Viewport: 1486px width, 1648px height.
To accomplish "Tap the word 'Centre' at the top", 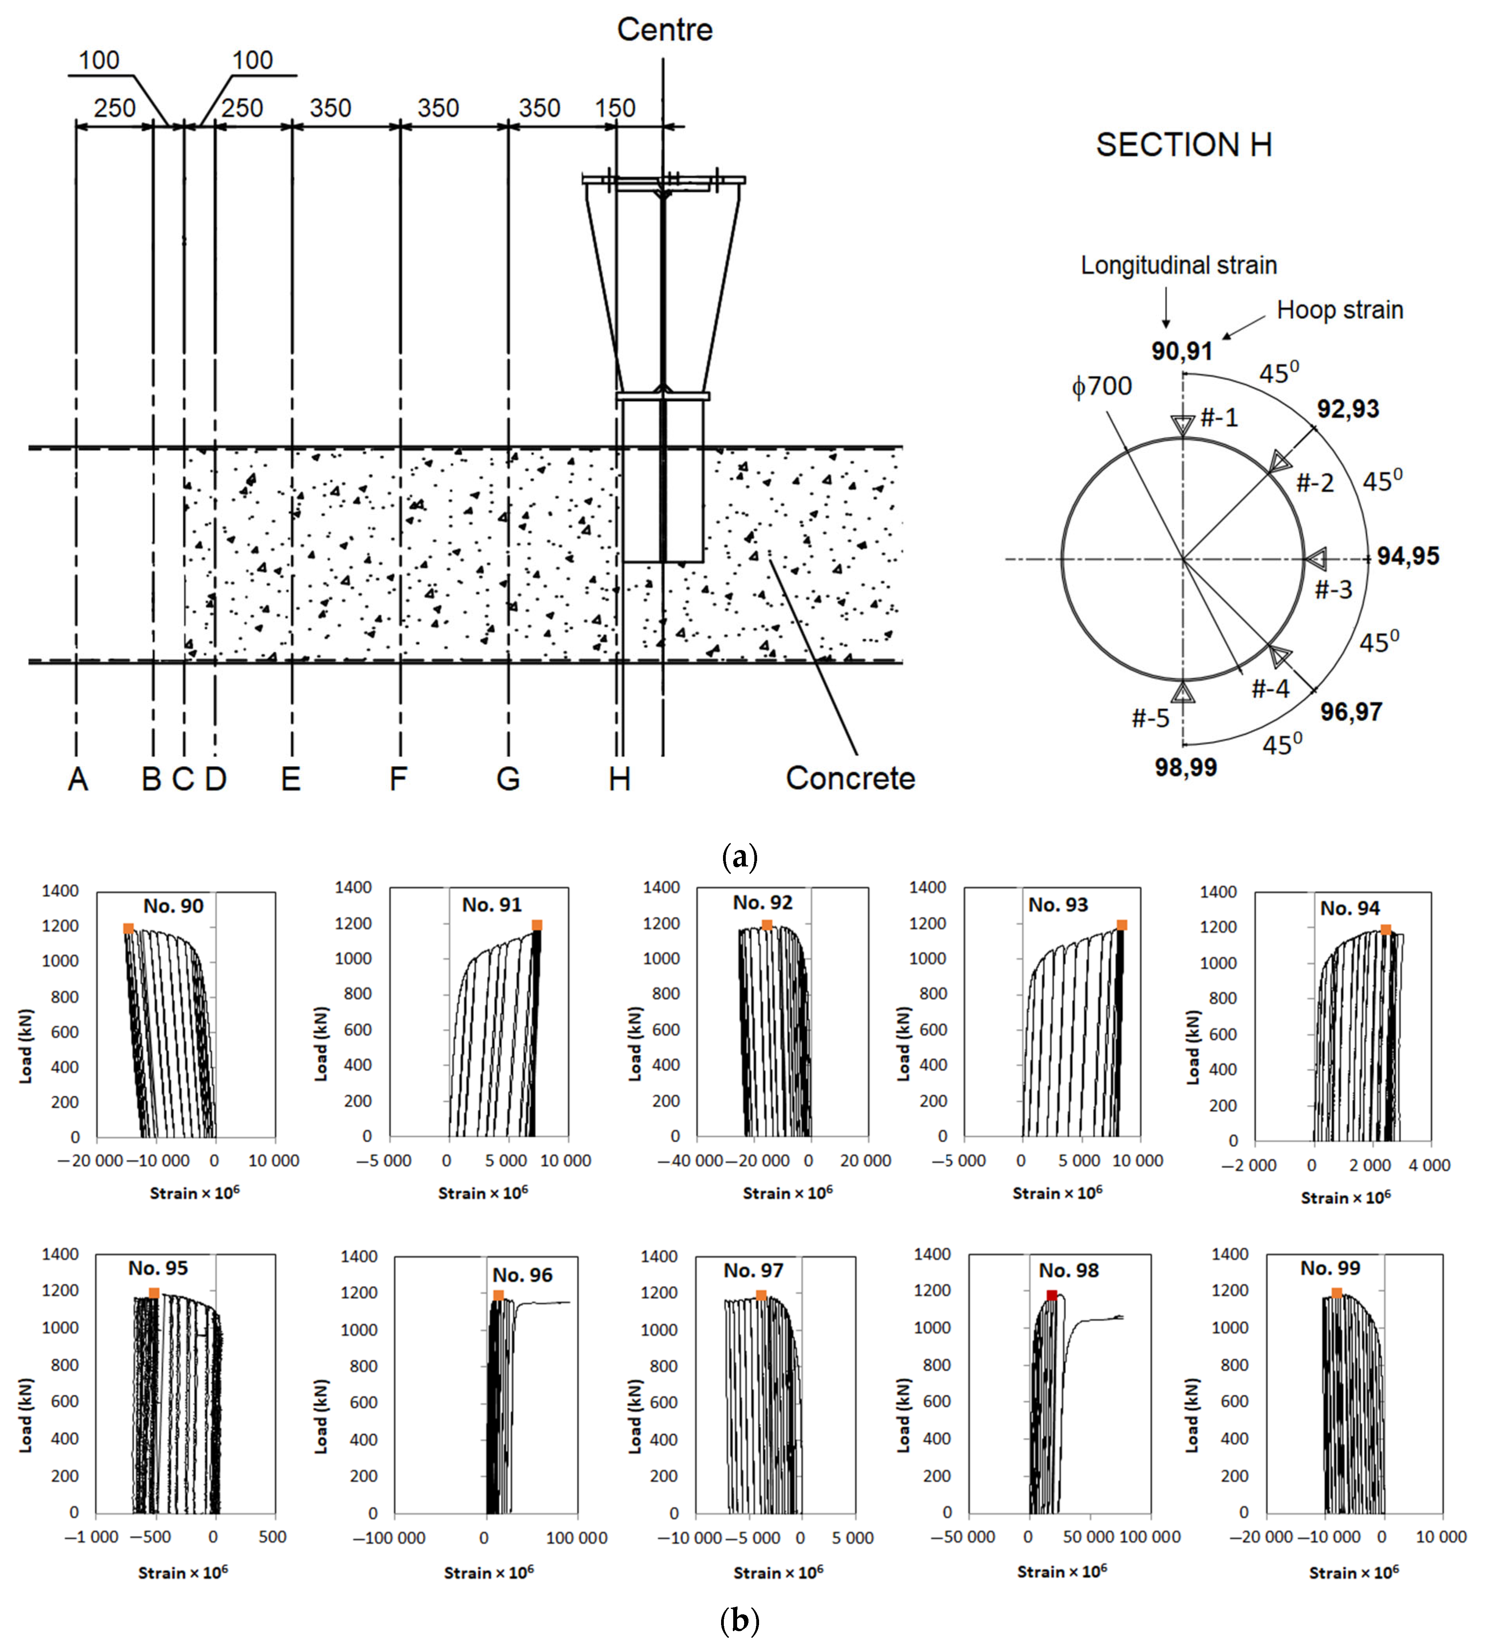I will coord(665,30).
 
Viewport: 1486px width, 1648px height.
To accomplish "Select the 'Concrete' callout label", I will coord(850,778).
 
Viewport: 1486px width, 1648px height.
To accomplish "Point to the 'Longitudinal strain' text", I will coord(1178,265).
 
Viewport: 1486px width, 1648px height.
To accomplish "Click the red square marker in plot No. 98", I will coord(1051,1295).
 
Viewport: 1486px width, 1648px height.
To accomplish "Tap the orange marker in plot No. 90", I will coord(128,928).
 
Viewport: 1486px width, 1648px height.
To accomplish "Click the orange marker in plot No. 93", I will coord(1122,925).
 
